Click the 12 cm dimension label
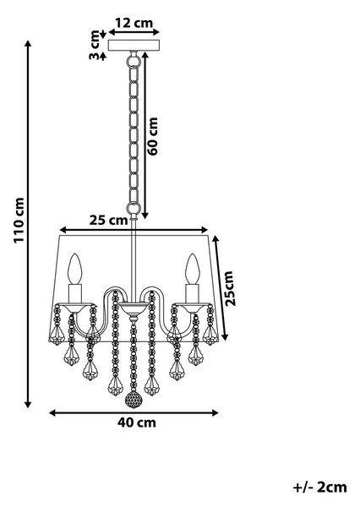click(134, 23)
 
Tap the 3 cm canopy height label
click(95, 45)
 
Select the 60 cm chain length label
click(152, 136)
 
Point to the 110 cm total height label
click(19, 221)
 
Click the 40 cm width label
click(137, 422)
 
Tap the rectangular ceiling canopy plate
click(134, 46)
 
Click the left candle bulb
click(75, 268)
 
